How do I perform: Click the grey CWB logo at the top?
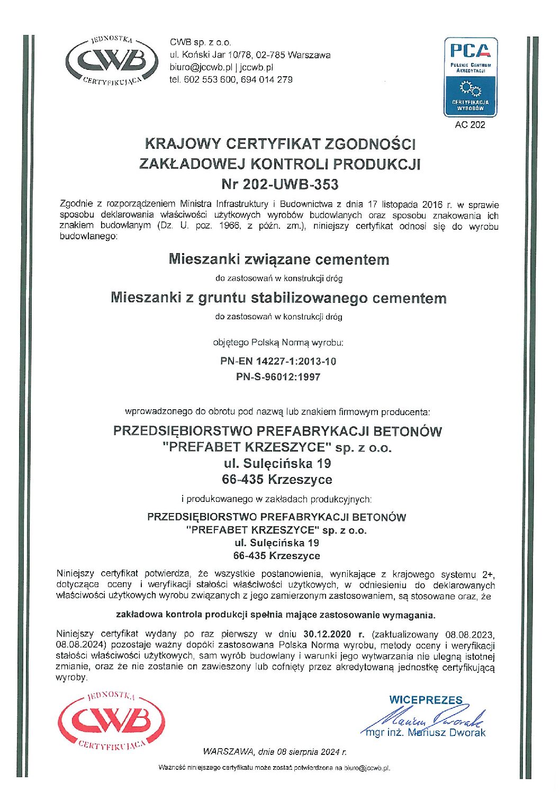(112, 61)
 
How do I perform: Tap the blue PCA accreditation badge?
(470, 76)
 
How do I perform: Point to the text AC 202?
(470, 125)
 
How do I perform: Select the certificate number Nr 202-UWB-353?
(279, 184)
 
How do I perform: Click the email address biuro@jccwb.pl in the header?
(201, 67)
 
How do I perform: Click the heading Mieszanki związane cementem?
(279, 259)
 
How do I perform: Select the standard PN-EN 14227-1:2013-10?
(278, 362)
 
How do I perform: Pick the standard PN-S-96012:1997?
(278, 377)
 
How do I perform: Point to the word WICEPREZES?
(426, 700)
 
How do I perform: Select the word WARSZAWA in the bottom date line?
(228, 752)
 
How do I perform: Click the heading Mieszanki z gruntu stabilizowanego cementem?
(278, 298)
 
